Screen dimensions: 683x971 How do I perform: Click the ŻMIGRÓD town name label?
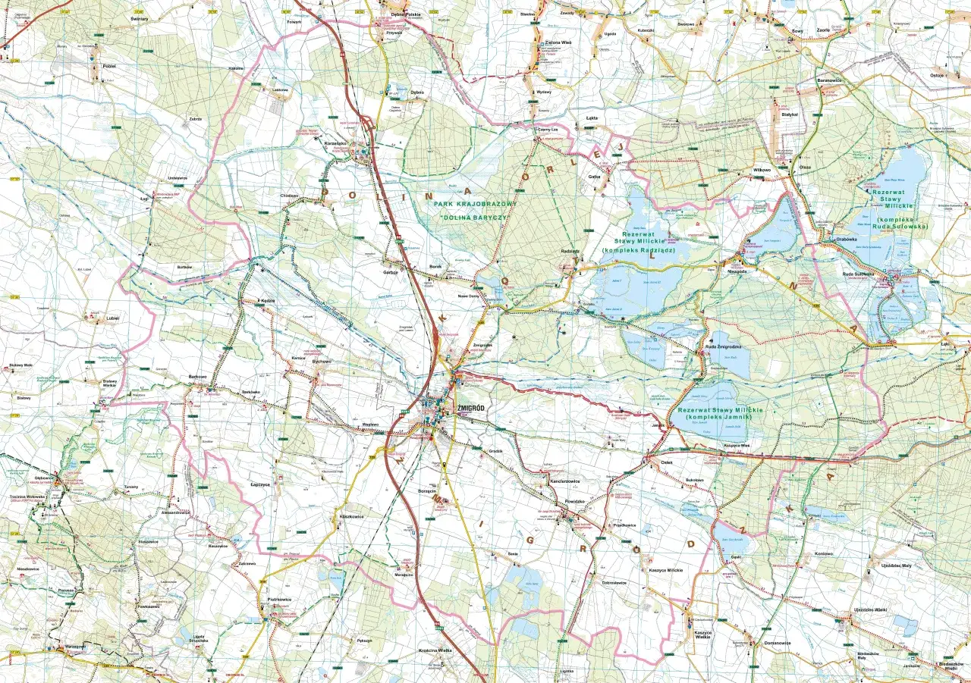pos(471,409)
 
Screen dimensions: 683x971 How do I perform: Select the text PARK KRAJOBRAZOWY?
pos(475,205)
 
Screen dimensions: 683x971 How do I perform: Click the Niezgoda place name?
pos(737,271)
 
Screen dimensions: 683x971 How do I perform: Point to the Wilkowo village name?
pos(761,170)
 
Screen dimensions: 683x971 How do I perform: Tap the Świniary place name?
pos(139,18)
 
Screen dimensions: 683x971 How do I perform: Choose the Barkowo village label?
pos(197,376)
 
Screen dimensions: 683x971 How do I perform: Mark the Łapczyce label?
pos(260,484)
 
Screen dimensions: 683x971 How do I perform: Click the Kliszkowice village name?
pos(347,516)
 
